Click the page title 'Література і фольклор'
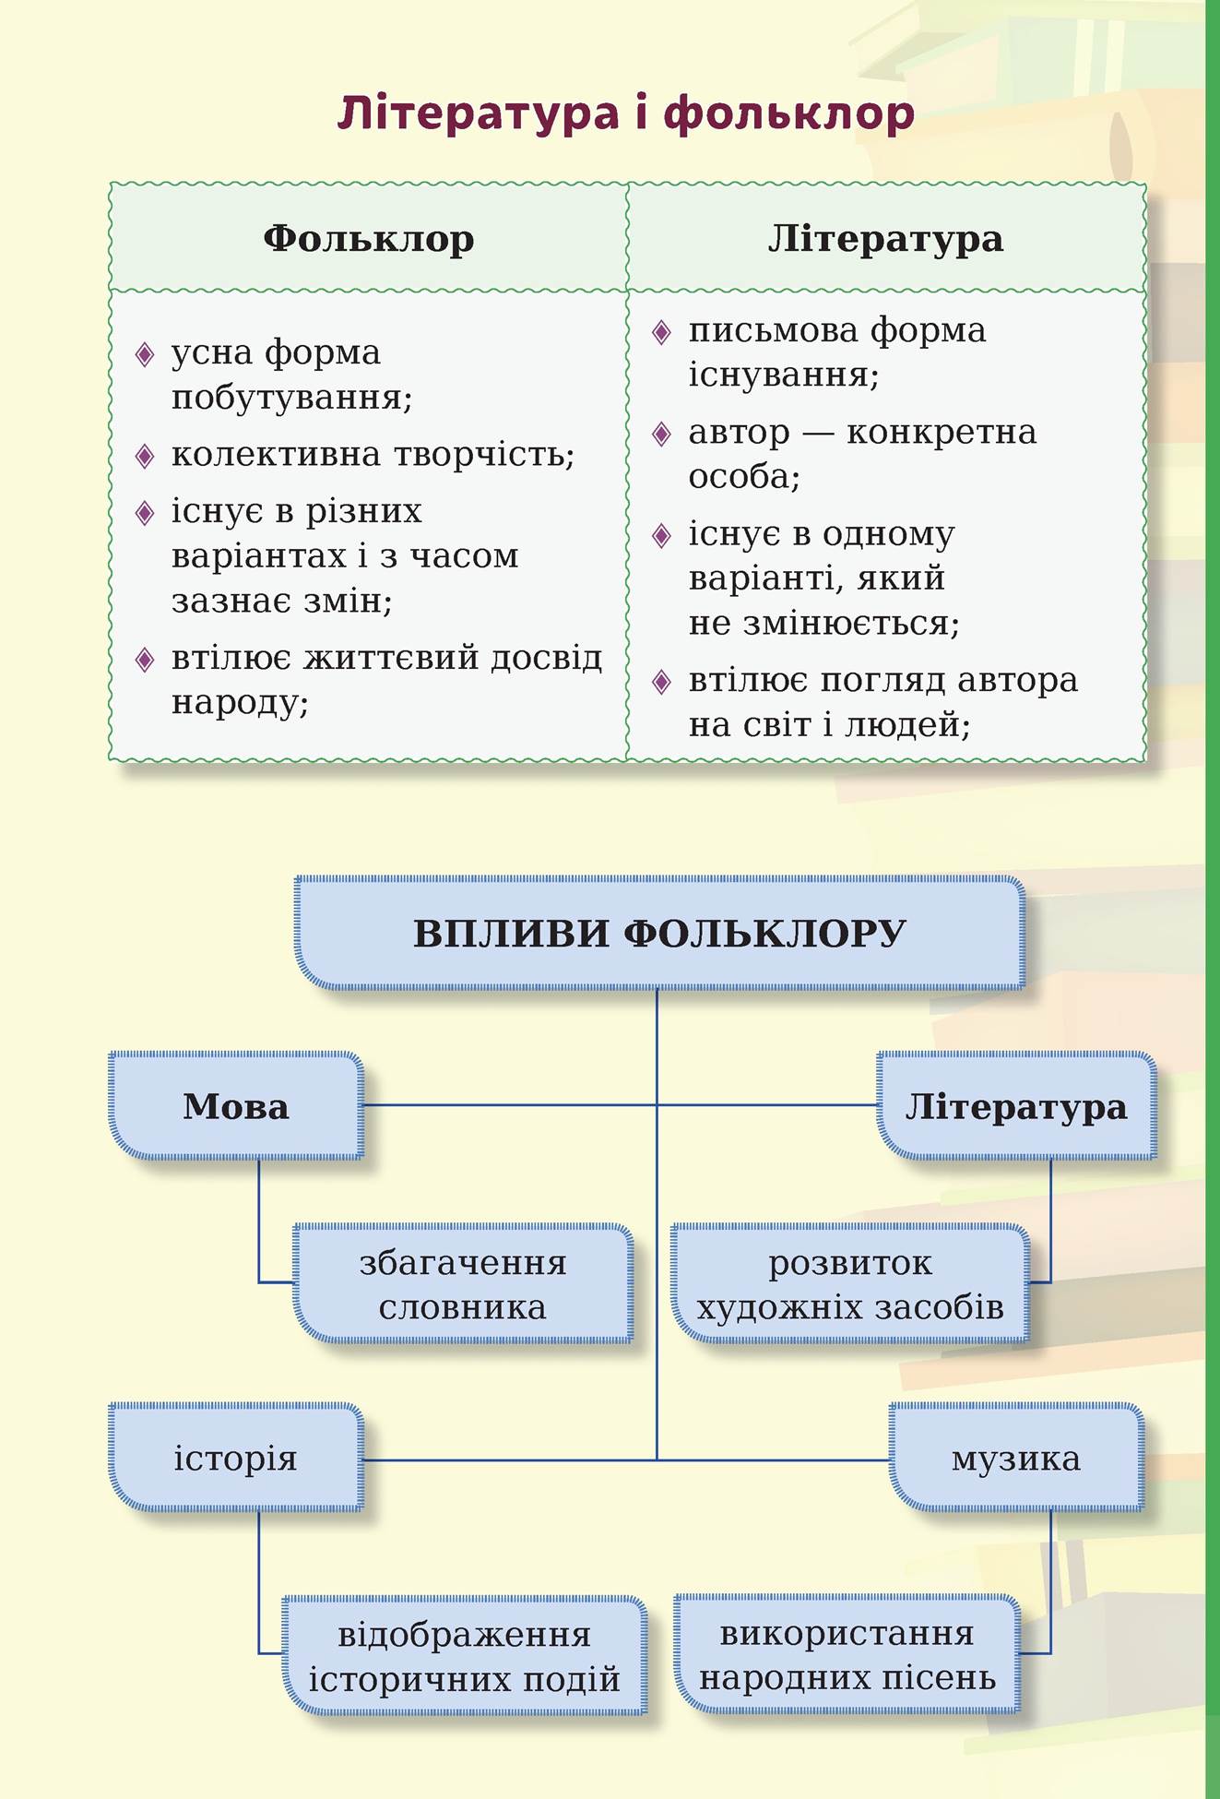click(625, 113)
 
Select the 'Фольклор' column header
click(368, 239)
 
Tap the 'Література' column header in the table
click(885, 239)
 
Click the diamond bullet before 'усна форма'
click(145, 354)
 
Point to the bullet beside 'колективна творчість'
click(145, 456)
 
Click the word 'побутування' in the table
click(290, 399)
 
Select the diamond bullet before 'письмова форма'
click(661, 332)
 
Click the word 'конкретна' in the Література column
click(941, 432)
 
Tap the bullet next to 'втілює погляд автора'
click(661, 682)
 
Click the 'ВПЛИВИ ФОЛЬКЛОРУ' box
click(659, 933)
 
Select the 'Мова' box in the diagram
click(236, 1105)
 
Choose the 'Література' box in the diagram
click(1015, 1105)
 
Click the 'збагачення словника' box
click(463, 1283)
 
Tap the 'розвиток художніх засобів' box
click(849, 1283)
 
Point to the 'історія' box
click(236, 1458)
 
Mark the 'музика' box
click(1015, 1458)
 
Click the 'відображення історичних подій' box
click(464, 1656)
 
